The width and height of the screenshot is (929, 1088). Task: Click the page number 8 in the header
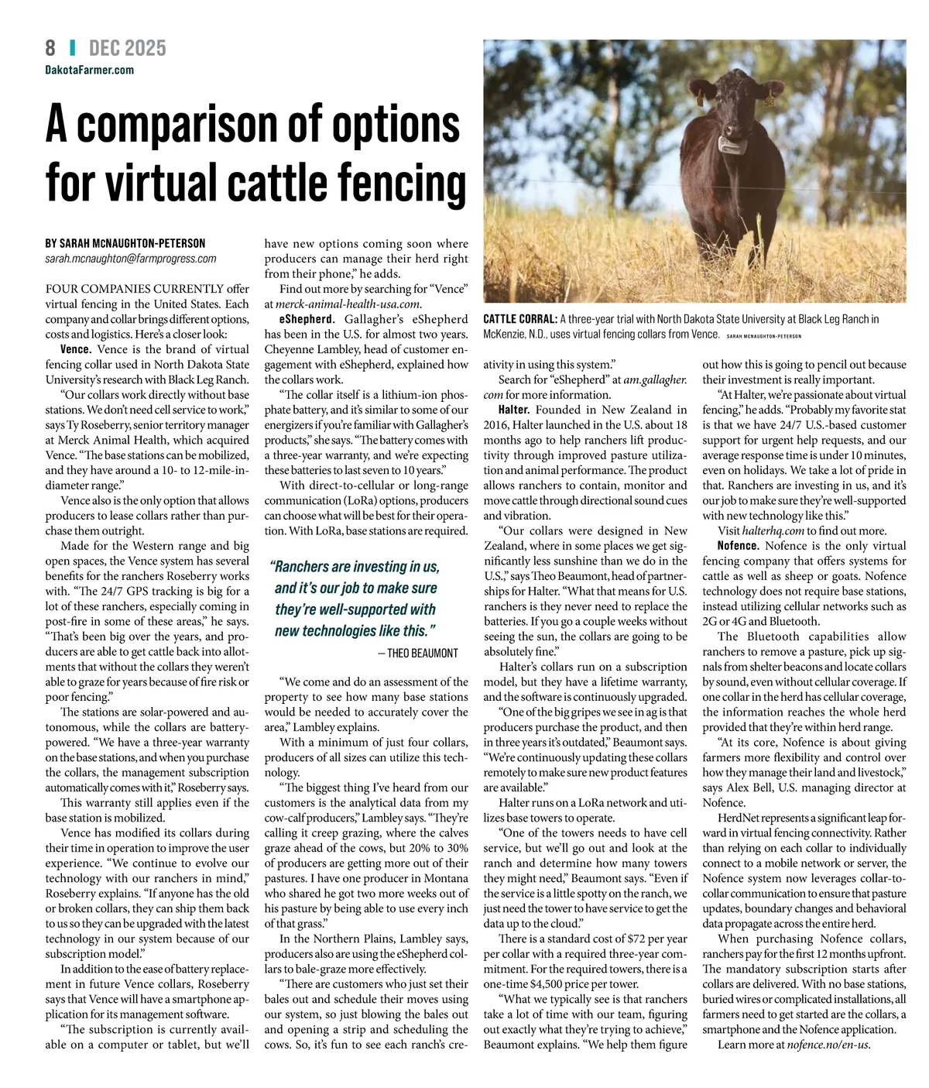(x=50, y=48)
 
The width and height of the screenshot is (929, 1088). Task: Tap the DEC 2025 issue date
(x=128, y=48)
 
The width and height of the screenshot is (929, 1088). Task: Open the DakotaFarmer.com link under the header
(x=90, y=70)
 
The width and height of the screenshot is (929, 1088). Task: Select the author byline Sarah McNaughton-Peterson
(x=125, y=243)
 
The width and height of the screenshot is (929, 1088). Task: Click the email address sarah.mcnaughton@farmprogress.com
(x=131, y=259)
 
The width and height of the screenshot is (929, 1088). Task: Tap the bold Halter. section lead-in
(x=514, y=410)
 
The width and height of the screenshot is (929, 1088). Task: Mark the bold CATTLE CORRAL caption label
(x=519, y=319)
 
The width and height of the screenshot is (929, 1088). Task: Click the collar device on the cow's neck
(x=729, y=143)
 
